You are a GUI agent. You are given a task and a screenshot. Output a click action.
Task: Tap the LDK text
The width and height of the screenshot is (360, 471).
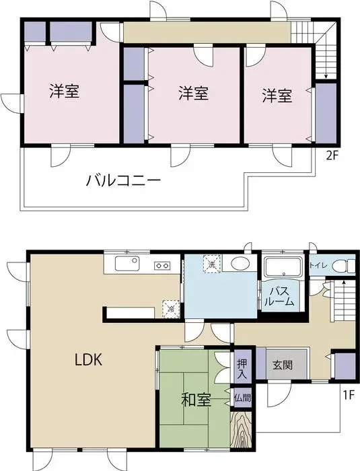[87, 359]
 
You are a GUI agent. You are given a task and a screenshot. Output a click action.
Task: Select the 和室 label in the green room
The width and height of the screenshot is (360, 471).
[196, 400]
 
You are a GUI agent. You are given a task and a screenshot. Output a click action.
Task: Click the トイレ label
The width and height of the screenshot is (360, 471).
[318, 266]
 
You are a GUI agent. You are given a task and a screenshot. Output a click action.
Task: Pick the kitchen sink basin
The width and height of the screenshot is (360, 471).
[127, 264]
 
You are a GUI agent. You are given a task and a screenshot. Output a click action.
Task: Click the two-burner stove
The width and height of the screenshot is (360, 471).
[163, 264]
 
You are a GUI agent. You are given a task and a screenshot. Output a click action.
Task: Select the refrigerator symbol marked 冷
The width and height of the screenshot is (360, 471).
[171, 308]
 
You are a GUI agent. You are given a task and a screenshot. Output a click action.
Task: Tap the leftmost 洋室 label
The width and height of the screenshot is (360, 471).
[65, 92]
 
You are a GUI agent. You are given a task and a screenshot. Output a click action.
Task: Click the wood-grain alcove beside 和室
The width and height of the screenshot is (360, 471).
[241, 429]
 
